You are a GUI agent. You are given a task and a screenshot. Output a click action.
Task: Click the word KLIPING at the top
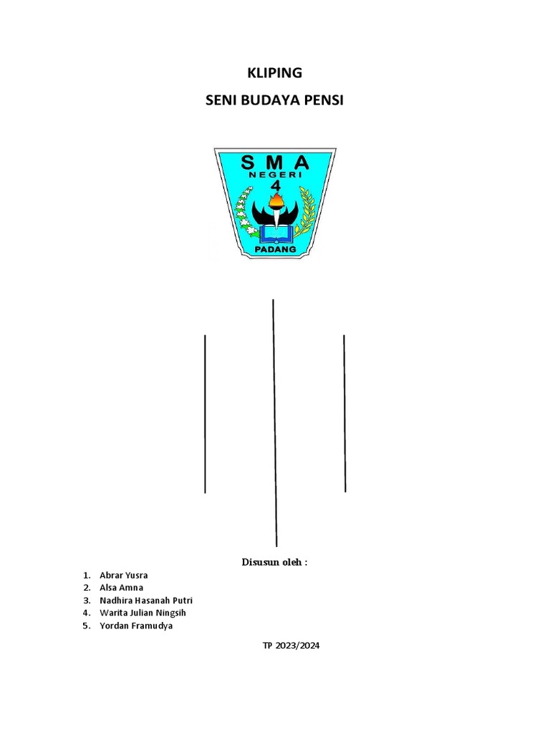275,73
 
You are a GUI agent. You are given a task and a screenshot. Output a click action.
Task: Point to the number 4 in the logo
275,187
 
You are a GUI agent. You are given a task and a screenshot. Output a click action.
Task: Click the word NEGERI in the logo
275,174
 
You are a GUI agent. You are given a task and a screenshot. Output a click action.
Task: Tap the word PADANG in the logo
275,250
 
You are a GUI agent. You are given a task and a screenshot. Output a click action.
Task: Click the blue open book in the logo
275,233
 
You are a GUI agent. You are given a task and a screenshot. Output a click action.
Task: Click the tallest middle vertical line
275,422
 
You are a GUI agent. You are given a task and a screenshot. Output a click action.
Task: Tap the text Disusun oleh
274,563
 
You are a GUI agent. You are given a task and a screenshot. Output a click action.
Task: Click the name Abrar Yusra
124,576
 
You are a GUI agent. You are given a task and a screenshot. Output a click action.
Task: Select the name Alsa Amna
122,588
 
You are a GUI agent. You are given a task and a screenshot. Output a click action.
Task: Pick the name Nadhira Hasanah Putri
146,601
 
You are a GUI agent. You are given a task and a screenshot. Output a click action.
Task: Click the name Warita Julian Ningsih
143,613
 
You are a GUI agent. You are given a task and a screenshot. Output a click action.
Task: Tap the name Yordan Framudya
136,626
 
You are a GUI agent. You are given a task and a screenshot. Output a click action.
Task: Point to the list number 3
85,601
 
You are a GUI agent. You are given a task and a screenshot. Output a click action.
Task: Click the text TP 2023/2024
291,646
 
